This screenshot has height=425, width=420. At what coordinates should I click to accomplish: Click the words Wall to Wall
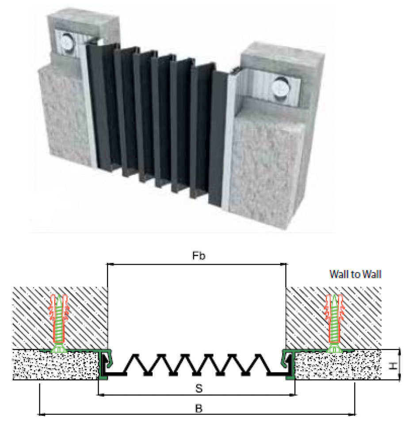click(x=355, y=274)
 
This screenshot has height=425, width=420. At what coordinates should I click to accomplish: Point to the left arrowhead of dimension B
click(x=41, y=414)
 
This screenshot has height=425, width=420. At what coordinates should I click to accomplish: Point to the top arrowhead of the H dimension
click(x=400, y=351)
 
